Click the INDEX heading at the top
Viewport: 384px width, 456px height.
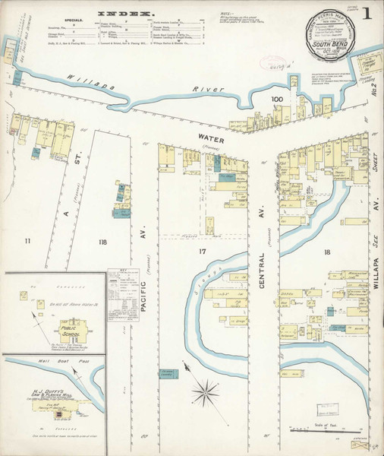tap(124, 13)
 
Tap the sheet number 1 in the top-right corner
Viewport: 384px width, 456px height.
tap(367, 14)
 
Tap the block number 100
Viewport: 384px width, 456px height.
tap(276, 100)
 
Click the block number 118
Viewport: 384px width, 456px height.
tap(102, 242)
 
